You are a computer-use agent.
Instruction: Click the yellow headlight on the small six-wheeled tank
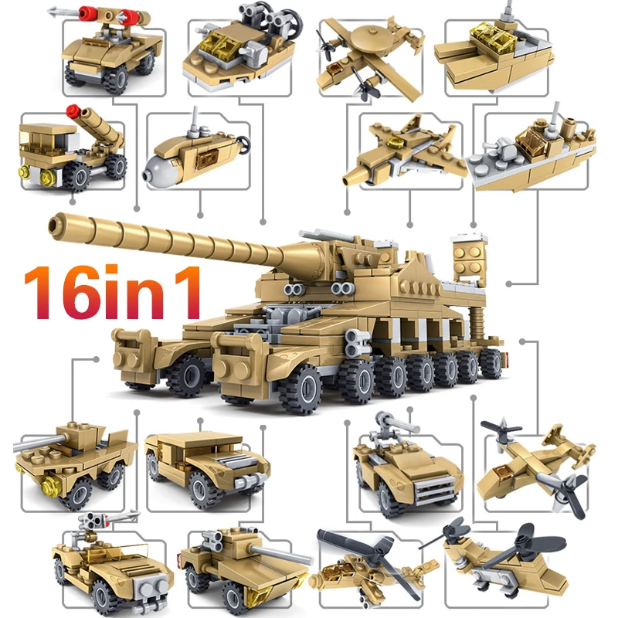coord(53,486)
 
